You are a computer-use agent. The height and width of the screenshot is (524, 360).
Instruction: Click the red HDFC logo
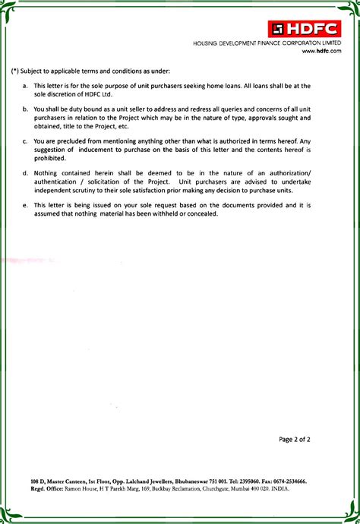tap(308, 30)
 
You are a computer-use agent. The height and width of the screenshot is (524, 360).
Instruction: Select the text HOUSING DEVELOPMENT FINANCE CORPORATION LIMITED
tap(267, 44)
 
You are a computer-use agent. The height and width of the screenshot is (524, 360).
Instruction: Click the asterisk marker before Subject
tap(15, 71)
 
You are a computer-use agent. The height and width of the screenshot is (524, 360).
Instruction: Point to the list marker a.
tap(25, 87)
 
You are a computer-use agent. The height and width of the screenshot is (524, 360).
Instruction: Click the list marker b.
tap(25, 109)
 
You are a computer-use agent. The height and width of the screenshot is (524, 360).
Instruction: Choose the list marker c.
tap(25, 141)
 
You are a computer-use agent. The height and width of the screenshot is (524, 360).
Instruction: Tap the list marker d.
tap(25, 173)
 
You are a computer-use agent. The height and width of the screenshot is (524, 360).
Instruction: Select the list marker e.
tap(25, 205)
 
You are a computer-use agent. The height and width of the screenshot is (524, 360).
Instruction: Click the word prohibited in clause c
tap(50, 158)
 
